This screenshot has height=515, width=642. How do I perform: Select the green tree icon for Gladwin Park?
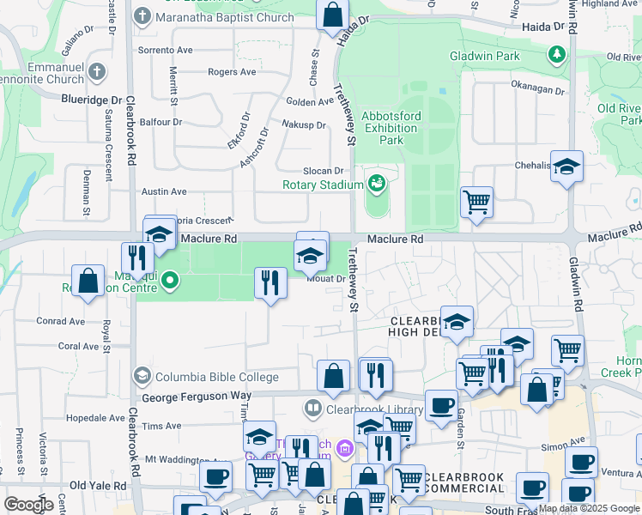click(557, 55)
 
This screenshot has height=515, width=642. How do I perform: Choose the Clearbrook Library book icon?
click(312, 409)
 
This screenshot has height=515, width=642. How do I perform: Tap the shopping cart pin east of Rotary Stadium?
click(476, 203)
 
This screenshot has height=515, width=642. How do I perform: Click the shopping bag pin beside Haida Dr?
click(332, 15)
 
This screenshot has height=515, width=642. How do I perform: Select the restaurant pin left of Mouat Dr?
click(270, 283)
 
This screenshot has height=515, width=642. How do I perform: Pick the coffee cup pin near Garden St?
click(442, 405)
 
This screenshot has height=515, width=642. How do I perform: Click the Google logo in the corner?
click(28, 505)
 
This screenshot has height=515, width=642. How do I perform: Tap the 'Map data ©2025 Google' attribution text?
click(588, 509)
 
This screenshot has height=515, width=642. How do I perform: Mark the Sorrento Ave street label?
click(166, 51)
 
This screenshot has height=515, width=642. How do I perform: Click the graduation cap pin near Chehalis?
click(566, 167)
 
